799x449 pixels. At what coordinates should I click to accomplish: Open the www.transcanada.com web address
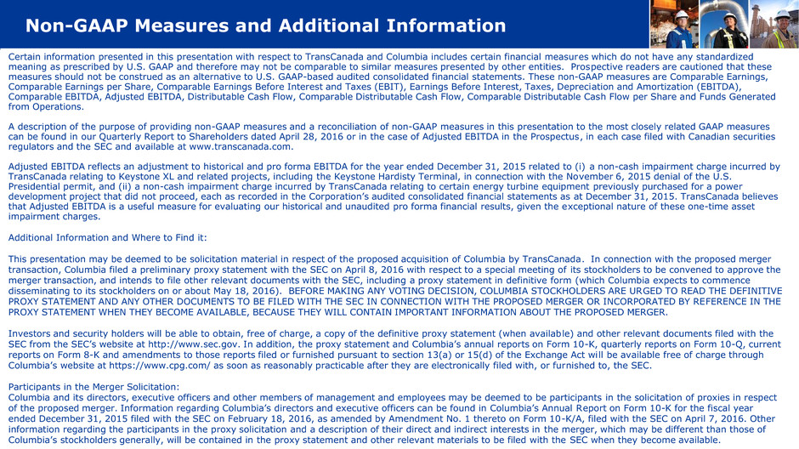(244, 145)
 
